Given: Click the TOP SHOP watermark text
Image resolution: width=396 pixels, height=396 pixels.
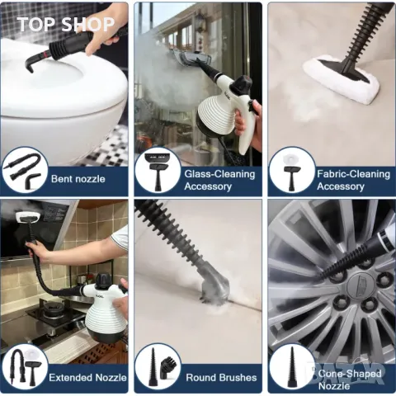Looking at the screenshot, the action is coord(66,24).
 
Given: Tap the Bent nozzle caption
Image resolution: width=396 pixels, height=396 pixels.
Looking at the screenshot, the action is coord(78,179).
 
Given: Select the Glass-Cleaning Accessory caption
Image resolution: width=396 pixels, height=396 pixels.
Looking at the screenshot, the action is coord(219,180).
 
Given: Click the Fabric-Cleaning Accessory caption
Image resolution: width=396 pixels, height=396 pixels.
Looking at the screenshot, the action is coord(353,180).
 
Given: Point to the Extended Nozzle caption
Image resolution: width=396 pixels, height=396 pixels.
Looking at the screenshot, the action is coord(87,378).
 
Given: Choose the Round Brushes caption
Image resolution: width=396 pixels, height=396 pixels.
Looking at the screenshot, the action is coord(221,378).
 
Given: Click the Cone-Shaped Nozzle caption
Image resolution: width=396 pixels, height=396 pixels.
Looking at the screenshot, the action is coord(350,379).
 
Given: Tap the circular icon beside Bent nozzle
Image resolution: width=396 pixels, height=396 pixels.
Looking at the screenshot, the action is coord(25,171).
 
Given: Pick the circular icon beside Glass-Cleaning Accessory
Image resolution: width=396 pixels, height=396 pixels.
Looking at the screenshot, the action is coord(158,171).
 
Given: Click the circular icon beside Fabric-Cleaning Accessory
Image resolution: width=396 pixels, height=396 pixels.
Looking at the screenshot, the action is coord(291,171).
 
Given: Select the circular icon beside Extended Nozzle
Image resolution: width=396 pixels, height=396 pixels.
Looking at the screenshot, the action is coord(25,368).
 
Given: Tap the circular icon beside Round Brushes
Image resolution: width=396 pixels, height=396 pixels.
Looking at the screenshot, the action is coord(158,368).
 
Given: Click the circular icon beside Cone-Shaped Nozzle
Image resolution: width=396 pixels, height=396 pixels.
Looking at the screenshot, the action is coord(291,368).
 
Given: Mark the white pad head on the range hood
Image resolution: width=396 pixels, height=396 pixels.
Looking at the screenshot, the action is coord(27,217).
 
